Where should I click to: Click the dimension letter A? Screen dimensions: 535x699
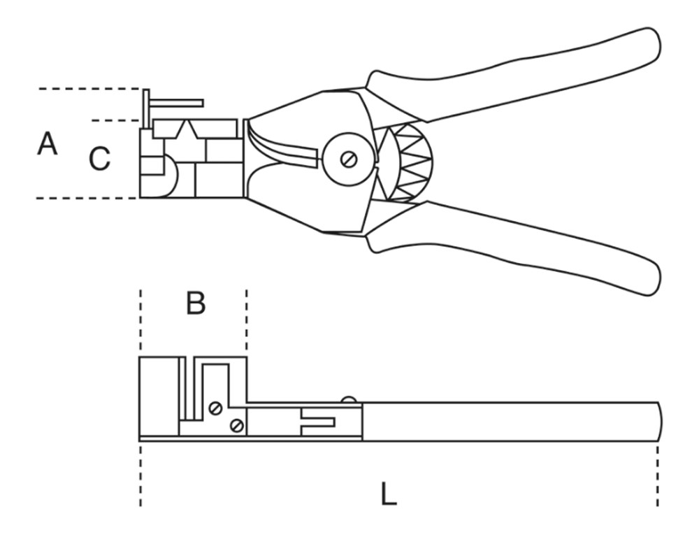[47, 145]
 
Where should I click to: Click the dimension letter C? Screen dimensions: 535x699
[99, 159]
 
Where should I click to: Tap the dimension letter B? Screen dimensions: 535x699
[196, 304]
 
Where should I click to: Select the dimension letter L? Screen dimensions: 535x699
[389, 495]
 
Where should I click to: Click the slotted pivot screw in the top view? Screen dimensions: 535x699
[348, 159]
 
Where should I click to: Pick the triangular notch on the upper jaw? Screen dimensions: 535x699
[187, 129]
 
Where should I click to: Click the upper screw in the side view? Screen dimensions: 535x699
[215, 408]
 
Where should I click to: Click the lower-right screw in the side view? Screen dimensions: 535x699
[237, 425]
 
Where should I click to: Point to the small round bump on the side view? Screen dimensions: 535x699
[348, 399]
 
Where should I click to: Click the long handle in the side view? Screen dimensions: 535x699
[510, 421]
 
